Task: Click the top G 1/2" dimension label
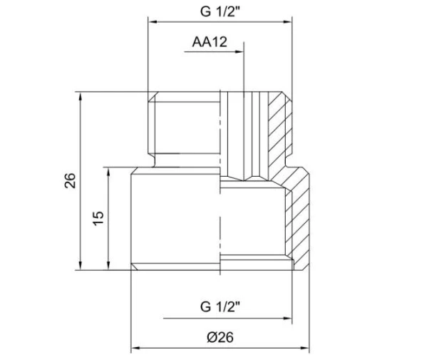pos(219,12)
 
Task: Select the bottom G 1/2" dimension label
pos(220,307)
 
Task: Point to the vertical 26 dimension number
pos(70,180)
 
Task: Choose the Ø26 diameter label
pos(220,338)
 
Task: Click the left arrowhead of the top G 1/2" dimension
pos(152,23)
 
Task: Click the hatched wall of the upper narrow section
pos(279,132)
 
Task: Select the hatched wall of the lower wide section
pos(300,221)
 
